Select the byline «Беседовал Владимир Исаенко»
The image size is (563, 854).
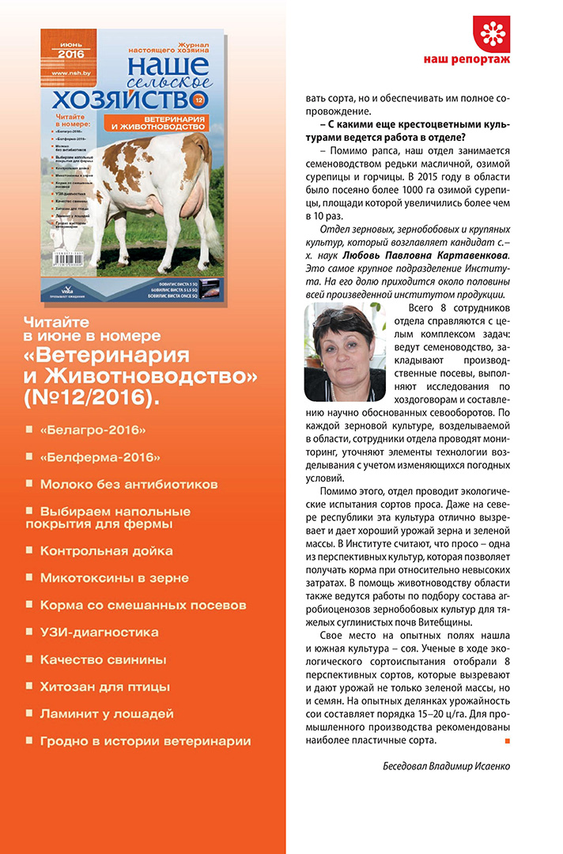click(447, 766)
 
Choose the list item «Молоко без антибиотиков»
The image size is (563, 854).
click(129, 483)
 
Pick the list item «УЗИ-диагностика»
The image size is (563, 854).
click(100, 632)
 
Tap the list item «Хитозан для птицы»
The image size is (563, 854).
click(105, 686)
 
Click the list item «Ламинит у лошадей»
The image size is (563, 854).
click(107, 713)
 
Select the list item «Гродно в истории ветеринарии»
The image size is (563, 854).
click(145, 741)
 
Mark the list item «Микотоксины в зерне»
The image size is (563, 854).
click(115, 578)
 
